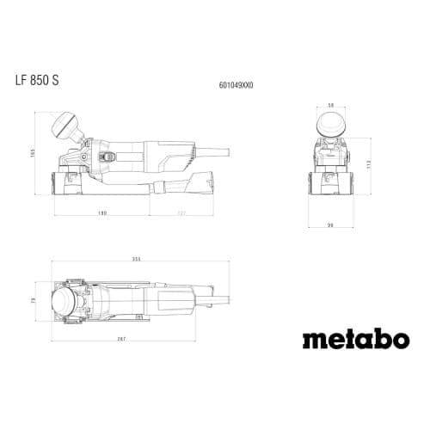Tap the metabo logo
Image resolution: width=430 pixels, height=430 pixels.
[355, 338]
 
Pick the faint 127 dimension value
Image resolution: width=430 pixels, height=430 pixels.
[181, 211]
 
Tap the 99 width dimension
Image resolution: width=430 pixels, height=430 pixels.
[330, 225]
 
